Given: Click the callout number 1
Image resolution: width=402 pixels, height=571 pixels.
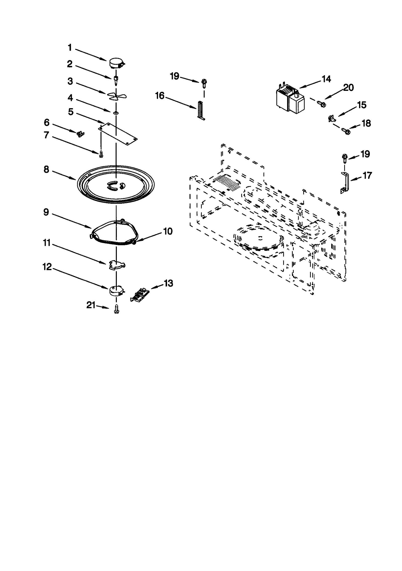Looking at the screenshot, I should [x=70, y=48].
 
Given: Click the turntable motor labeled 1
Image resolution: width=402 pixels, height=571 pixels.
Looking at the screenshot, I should [x=116, y=63].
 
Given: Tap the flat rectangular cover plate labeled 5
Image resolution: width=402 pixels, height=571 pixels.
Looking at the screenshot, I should [x=118, y=134].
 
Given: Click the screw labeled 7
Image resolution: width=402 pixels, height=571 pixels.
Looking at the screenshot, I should [x=101, y=154].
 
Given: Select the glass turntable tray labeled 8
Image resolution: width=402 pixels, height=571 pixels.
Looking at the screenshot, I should [x=116, y=184].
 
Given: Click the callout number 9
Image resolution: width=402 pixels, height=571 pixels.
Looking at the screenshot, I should [x=46, y=212].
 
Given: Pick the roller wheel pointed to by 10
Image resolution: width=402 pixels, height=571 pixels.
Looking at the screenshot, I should [x=134, y=242].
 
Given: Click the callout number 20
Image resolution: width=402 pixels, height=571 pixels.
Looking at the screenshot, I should [x=348, y=88].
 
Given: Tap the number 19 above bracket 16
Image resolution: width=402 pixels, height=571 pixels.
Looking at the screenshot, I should [x=174, y=76].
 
